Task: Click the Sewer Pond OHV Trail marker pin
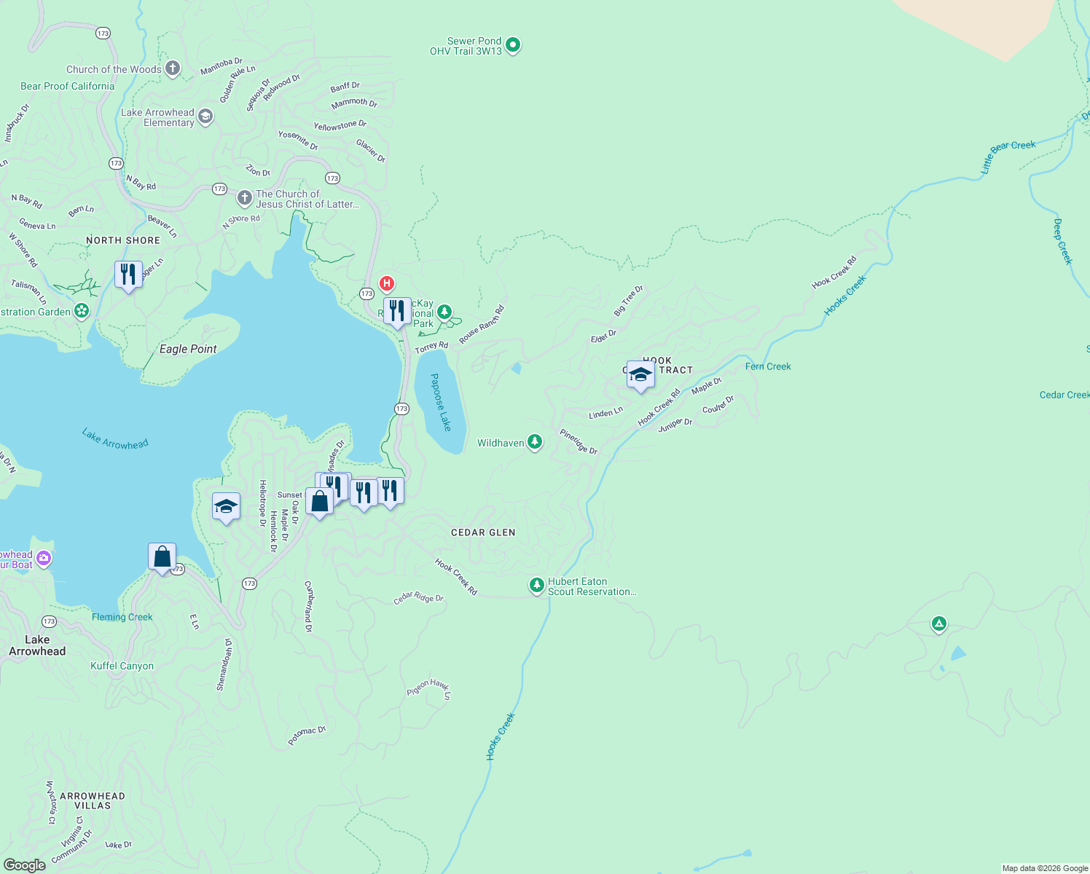[513, 45]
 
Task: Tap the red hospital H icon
[387, 283]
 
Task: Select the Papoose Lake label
[440, 402]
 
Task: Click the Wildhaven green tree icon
[535, 442]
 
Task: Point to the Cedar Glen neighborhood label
[483, 532]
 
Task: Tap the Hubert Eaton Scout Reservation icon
[537, 586]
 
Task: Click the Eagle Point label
[188, 349]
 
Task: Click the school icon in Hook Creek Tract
[640, 375]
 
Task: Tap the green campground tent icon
[939, 623]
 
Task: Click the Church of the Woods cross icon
[173, 68]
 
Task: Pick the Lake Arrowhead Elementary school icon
[206, 117]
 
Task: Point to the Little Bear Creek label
[1008, 156]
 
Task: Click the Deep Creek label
[1062, 241]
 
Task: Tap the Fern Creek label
[768, 366]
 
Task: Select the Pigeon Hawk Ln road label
[430, 688]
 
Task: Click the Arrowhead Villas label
[93, 800]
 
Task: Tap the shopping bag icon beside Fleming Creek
[162, 558]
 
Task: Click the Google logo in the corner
[25, 865]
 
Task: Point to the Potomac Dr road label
[307, 736]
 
